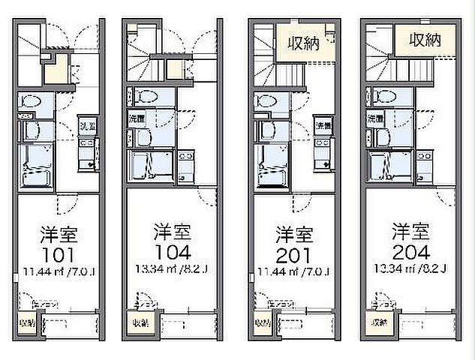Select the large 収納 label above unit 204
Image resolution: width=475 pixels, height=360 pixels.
[x=425, y=41]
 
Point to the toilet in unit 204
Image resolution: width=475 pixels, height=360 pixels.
[x=384, y=96]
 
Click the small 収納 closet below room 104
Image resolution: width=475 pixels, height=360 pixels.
[x=140, y=323]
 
